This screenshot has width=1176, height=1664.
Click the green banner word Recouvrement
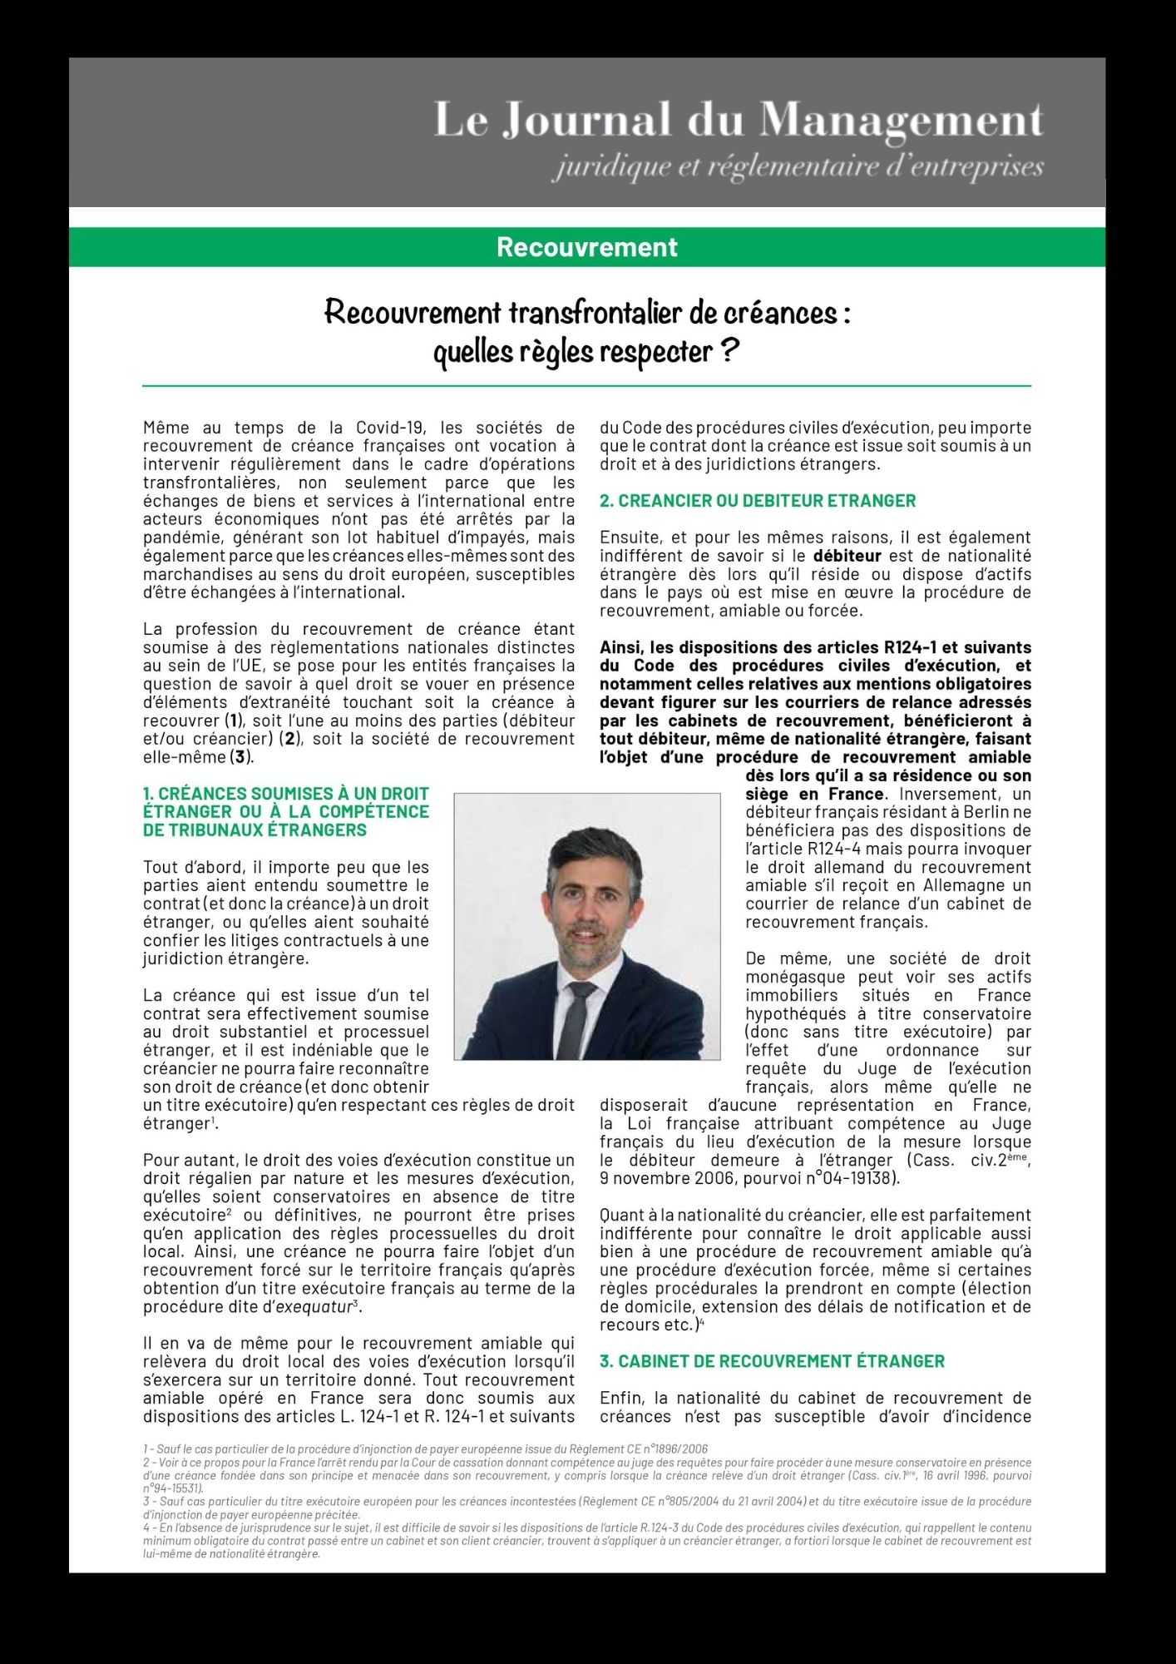(x=587, y=247)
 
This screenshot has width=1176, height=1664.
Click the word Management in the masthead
(x=902, y=121)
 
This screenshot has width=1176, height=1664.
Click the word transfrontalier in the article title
(x=593, y=313)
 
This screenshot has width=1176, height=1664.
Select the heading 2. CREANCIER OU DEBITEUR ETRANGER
(x=758, y=501)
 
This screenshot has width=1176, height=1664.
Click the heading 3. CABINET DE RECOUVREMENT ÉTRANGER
(x=772, y=1361)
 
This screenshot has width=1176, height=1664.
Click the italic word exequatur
(x=314, y=1306)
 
